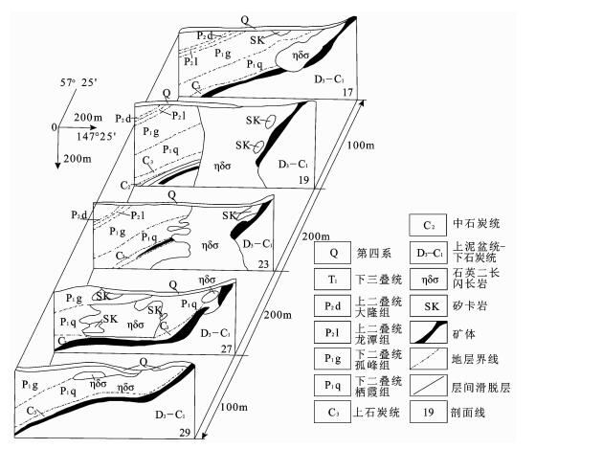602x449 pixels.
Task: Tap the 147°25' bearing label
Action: tap(96, 137)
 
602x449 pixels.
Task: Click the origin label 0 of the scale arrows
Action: tap(55, 126)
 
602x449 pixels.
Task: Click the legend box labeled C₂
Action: tap(424, 227)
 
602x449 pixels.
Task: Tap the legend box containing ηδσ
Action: tap(424, 281)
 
